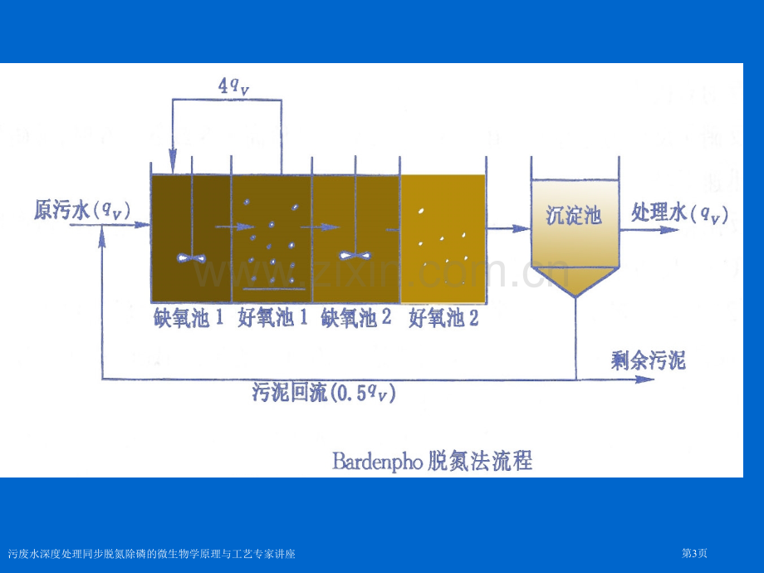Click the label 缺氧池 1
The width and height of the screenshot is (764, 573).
[188, 318]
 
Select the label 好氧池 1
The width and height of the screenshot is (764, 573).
[272, 318]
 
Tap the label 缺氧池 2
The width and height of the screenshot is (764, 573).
[355, 318]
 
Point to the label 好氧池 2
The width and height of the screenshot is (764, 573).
[443, 318]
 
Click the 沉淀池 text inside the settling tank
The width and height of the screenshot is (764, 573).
[574, 215]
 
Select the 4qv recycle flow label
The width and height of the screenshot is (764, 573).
[234, 86]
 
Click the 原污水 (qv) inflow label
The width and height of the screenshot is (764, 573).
[82, 210]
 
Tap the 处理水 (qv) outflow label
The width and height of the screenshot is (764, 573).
[679, 213]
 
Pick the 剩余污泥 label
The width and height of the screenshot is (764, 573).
[648, 360]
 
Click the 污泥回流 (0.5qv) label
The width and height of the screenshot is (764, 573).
[324, 392]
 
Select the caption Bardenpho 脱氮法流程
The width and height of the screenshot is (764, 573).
[432, 460]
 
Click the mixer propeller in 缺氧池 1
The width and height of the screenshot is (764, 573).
[192, 257]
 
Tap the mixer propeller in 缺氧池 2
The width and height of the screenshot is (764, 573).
[355, 255]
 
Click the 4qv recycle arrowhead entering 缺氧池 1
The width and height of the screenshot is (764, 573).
[173, 161]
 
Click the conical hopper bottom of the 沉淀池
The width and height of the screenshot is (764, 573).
[575, 280]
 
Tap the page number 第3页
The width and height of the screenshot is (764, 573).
[694, 554]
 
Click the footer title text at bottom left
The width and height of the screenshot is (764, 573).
[151, 554]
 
